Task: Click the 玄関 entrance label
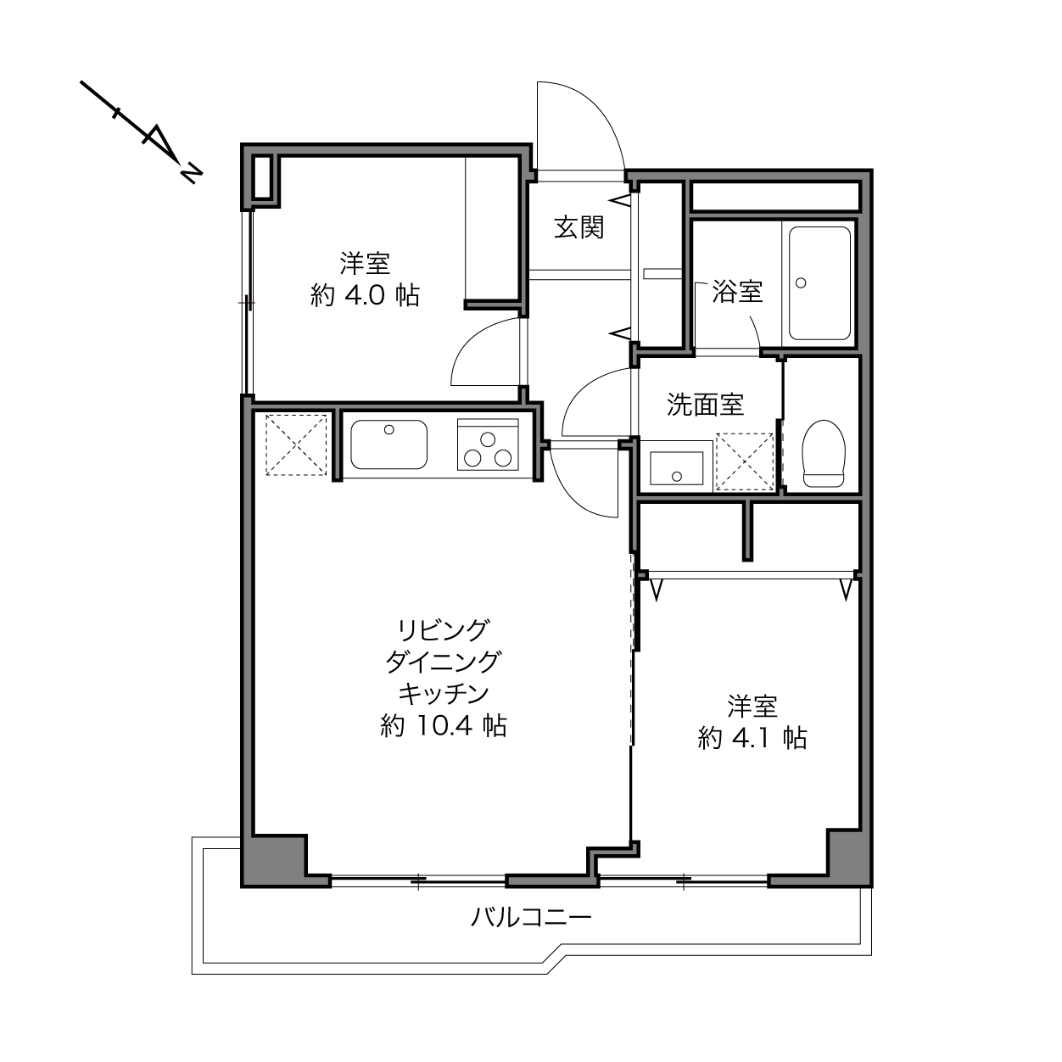coord(579,227)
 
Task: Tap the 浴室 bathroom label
coord(737,291)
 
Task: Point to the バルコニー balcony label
coord(531,917)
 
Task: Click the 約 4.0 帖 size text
coord(365,296)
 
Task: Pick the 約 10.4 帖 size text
coord(443,725)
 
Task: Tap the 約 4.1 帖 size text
coord(752,738)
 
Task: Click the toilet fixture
coord(824,454)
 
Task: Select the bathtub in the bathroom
coord(819,283)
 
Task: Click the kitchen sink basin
coord(389,444)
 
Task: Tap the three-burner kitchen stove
coord(488,444)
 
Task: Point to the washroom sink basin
coord(676,468)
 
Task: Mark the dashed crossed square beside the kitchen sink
coord(296,444)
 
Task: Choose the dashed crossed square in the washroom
coord(744,461)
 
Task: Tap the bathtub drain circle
coord(801,282)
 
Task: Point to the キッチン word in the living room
coord(443,693)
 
